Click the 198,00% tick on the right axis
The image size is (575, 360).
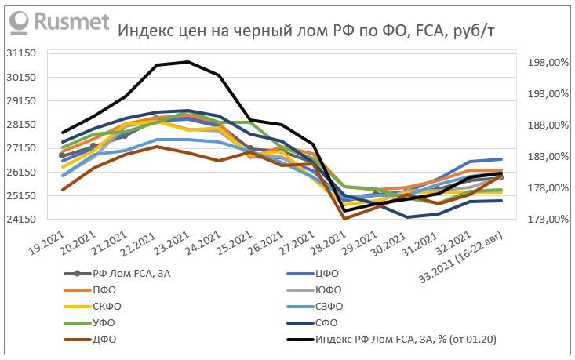541,63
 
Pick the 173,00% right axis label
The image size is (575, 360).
541,220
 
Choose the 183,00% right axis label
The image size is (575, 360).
541,157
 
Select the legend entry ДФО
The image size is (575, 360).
107,339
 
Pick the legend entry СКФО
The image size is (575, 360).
110,306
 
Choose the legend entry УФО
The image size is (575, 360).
107,322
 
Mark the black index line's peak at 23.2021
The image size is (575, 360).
187,61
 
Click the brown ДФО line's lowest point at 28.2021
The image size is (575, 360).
344,218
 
